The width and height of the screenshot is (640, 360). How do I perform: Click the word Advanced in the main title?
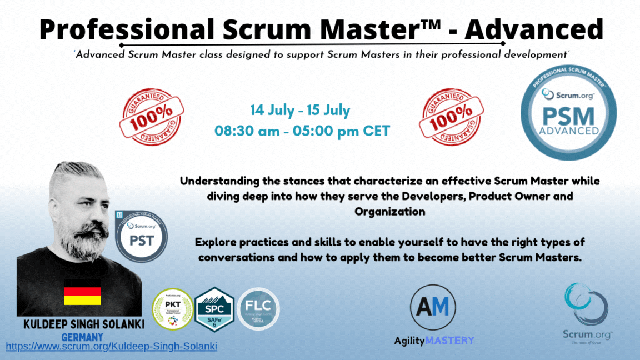534,28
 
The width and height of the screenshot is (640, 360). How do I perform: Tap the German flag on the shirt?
82,292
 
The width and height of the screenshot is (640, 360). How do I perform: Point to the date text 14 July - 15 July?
300,110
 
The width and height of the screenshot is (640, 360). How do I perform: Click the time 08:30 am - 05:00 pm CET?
302,132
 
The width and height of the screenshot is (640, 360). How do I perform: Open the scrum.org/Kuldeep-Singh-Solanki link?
111,346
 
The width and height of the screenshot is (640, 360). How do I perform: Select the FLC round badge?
258,309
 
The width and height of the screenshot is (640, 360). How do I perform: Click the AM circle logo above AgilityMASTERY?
433,307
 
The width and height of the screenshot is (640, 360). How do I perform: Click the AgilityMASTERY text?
434,340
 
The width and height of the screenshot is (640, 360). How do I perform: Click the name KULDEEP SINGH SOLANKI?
83,323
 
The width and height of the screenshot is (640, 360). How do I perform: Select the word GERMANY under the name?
82,337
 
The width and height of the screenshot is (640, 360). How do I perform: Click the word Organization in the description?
390,211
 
